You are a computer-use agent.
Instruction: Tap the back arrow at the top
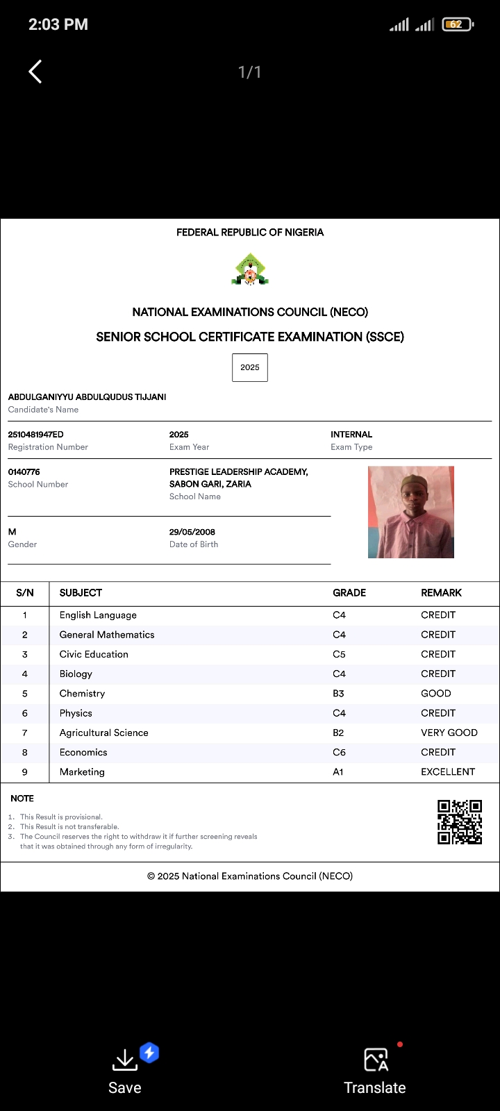tap(35, 72)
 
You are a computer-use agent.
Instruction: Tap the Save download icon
tap(124, 1060)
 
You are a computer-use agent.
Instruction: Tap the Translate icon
tap(376, 1060)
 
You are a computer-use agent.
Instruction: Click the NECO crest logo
tap(250, 270)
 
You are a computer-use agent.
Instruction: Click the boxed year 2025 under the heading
tap(250, 367)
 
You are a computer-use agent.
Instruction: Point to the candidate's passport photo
tap(411, 512)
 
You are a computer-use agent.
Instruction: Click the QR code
tap(460, 822)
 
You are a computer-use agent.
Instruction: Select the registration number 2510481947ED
tap(35, 435)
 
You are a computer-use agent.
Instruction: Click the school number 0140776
tap(24, 472)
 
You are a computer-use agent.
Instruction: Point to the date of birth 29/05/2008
tap(192, 532)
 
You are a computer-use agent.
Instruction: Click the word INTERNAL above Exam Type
tap(351, 435)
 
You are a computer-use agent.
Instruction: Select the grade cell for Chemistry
tap(338, 694)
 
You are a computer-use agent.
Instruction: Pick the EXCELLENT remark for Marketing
tap(448, 772)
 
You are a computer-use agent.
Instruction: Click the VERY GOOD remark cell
tap(449, 733)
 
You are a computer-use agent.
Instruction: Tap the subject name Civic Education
tap(94, 654)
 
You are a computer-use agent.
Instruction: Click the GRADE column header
tap(349, 593)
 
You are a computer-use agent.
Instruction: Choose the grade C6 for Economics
tap(339, 753)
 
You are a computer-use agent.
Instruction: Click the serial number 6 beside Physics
tap(25, 713)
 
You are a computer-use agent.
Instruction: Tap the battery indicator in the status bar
tap(457, 24)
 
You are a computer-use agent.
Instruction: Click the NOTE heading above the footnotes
tap(22, 799)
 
